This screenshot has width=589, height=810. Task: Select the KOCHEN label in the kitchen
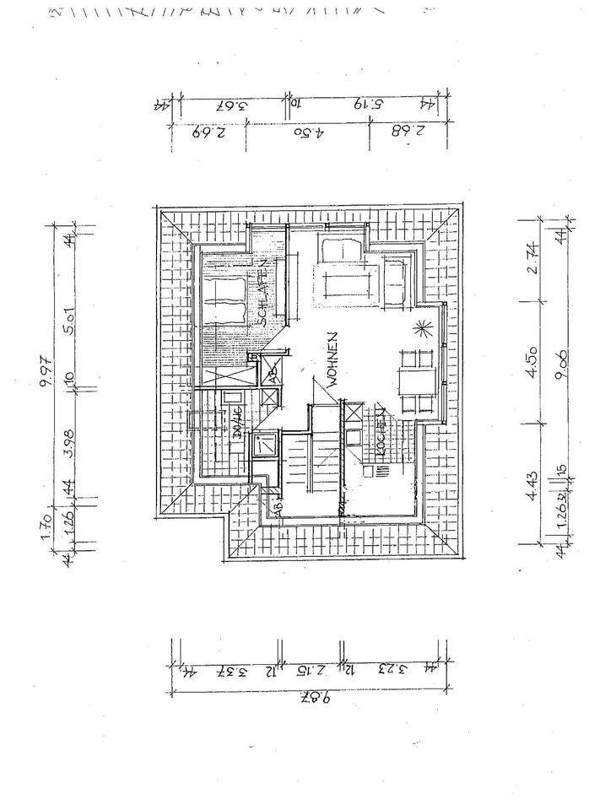381,432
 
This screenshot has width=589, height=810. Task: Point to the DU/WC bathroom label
238,422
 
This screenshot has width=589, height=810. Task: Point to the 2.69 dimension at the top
207,132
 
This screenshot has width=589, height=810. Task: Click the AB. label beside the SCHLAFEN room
272,376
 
